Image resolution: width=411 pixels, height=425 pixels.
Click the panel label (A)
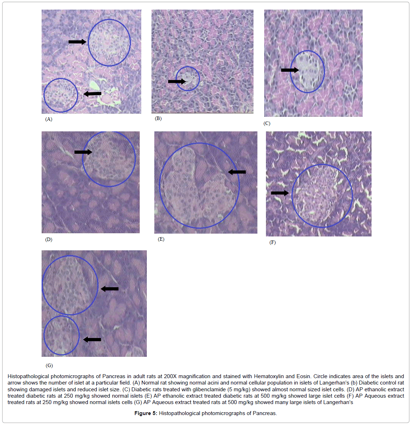[49, 119]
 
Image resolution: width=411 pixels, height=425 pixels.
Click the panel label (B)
[158, 119]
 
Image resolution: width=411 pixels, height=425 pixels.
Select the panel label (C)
[267, 123]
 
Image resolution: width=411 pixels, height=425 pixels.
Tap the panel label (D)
[49, 239]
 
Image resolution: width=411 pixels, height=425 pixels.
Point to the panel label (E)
[161, 239]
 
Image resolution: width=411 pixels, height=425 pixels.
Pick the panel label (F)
[273, 242]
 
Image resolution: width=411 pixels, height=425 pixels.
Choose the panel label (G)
[49, 365]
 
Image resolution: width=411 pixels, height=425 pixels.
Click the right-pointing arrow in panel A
[78, 42]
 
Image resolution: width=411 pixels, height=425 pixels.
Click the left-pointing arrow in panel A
[92, 94]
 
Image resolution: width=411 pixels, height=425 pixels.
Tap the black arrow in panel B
[177, 81]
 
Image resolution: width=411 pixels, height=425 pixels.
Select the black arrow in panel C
[290, 70]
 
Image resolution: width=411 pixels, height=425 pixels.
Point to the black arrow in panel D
[83, 152]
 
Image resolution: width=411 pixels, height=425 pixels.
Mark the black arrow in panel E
[237, 172]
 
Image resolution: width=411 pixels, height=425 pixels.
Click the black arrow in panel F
[280, 193]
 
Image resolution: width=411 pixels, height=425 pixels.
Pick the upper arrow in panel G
[110, 289]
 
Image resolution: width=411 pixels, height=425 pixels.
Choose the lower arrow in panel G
[92, 339]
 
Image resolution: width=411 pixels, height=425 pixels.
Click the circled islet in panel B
[188, 78]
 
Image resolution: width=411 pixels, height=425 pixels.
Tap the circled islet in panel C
[307, 72]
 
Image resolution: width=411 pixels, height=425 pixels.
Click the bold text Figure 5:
[146, 413]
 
